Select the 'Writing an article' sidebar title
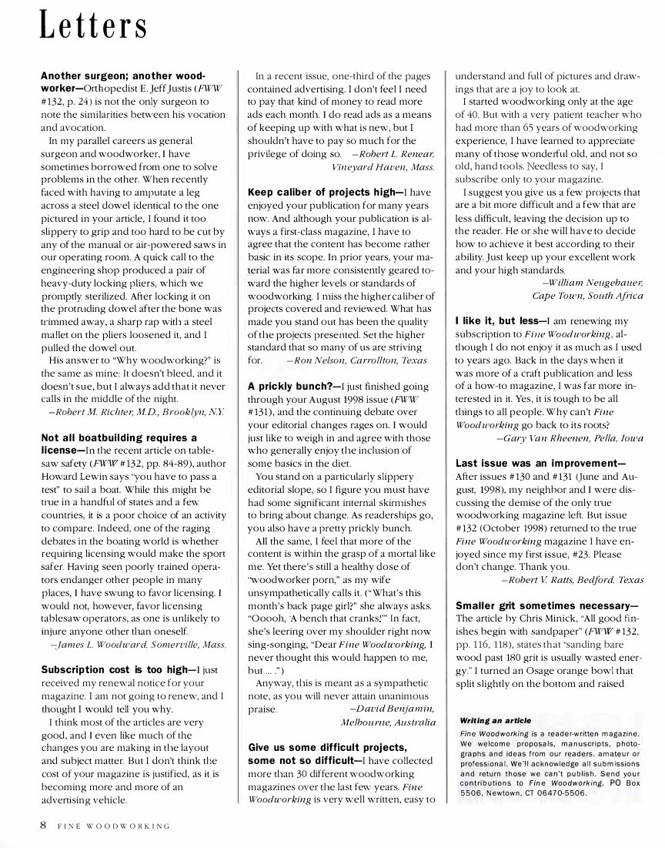point(493,721)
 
